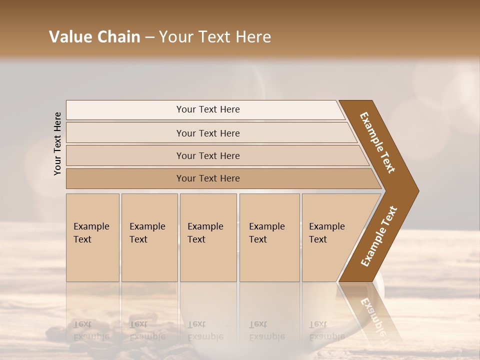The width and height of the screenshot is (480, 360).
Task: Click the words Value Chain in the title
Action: pos(94,37)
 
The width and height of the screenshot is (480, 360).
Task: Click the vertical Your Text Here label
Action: pos(57,143)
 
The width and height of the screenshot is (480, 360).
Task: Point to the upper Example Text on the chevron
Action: pos(377,142)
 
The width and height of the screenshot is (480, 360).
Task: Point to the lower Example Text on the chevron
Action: pos(379,236)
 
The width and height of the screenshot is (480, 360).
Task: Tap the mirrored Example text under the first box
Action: pos(91,330)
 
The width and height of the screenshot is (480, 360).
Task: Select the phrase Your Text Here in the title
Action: pos(215,37)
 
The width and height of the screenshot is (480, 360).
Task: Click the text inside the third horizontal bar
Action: pos(208,155)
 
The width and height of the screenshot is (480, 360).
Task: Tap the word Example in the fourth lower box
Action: pos(267,226)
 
